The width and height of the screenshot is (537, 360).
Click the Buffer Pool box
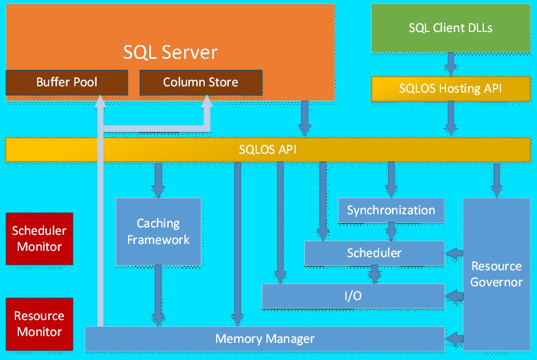[x=66, y=82]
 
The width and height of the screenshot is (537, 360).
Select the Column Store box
[x=201, y=82]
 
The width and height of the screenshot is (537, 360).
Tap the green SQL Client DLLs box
[x=451, y=27]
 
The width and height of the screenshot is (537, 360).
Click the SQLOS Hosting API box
[x=451, y=89]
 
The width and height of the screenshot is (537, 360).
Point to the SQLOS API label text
[x=268, y=150]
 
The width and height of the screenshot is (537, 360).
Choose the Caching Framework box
[x=158, y=231]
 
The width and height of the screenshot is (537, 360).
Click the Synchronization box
[x=391, y=210]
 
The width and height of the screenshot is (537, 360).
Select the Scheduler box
[x=374, y=253]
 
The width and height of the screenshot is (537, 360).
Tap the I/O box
[x=353, y=296]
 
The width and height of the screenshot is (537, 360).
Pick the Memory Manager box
[x=265, y=338]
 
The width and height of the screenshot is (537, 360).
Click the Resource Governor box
[x=496, y=274]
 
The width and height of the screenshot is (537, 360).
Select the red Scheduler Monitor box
[x=39, y=239]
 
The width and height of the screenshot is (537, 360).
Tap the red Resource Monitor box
[x=39, y=323]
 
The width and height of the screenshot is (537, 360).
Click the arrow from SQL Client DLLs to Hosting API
[x=451, y=64]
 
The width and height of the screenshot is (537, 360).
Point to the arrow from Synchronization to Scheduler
[x=391, y=231]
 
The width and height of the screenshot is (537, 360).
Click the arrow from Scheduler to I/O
[x=374, y=274]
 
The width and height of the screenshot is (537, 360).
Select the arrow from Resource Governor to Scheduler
[x=454, y=253]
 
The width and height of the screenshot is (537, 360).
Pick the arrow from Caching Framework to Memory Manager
[x=158, y=296]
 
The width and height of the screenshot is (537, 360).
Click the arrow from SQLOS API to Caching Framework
[x=158, y=179]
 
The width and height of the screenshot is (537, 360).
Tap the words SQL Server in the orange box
[x=170, y=53]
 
